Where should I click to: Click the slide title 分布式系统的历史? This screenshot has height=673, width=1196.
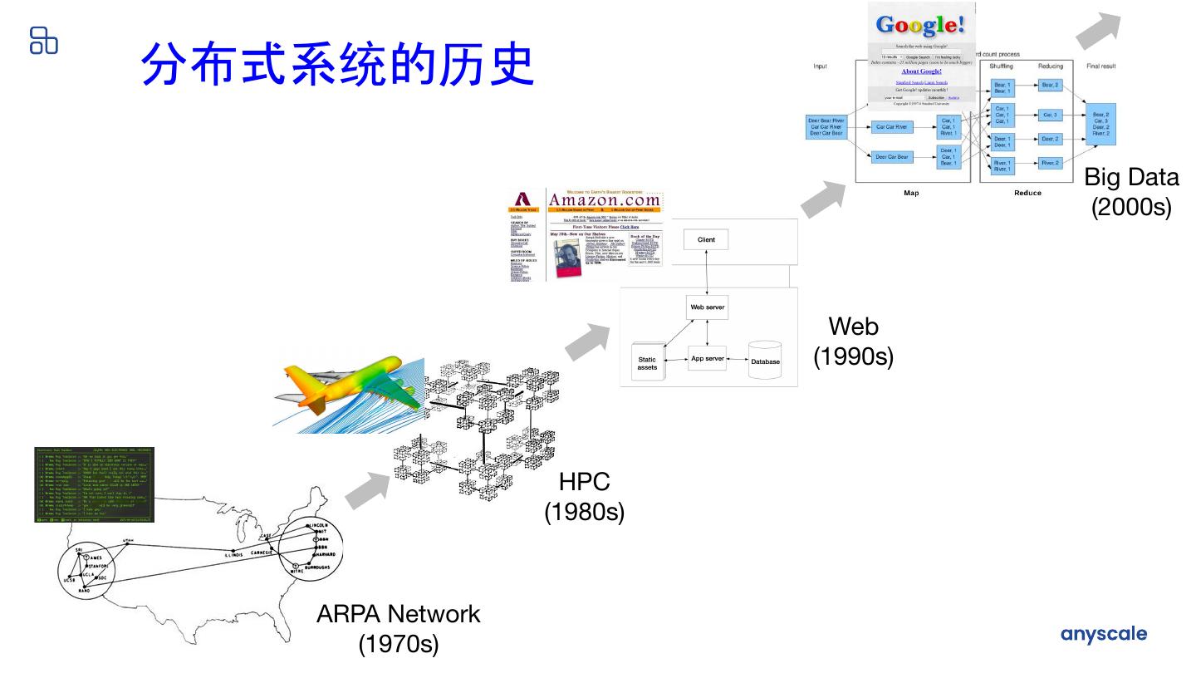click(x=336, y=64)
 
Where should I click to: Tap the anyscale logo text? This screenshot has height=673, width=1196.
click(x=1103, y=634)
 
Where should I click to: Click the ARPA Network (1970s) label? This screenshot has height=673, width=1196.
click(x=398, y=627)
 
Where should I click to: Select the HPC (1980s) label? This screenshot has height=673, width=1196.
click(x=584, y=496)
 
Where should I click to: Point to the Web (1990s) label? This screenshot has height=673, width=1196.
click(x=853, y=341)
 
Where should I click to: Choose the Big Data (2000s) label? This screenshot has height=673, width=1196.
click(x=1131, y=191)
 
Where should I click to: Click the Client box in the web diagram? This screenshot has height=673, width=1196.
click(x=706, y=240)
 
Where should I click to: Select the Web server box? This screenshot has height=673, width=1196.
click(x=707, y=307)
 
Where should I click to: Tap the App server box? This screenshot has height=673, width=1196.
click(x=708, y=359)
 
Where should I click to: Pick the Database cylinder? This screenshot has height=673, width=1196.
click(x=765, y=360)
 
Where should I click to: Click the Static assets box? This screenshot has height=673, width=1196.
click(x=647, y=362)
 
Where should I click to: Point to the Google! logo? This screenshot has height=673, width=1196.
click(x=920, y=24)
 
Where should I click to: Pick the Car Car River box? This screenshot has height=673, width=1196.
click(x=890, y=127)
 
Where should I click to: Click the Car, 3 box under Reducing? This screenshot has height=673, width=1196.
click(x=1050, y=115)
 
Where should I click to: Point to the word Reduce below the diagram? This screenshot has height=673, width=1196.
click(x=1027, y=193)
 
